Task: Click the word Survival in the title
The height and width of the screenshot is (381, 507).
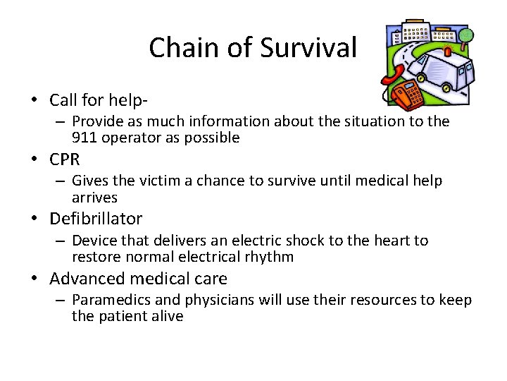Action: [308, 48]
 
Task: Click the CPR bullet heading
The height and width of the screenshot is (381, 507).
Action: [65, 159]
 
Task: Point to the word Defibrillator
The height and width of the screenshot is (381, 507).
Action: [96, 219]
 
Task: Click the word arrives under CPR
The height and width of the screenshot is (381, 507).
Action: [94, 198]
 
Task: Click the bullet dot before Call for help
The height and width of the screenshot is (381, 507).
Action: [34, 101]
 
